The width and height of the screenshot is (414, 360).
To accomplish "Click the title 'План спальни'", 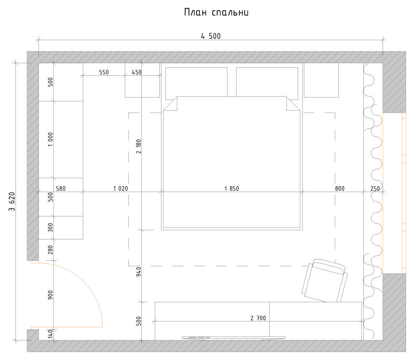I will click(217, 13).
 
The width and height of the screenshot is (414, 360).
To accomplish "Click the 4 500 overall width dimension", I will click(211, 36).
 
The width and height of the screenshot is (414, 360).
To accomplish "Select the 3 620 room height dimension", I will click(12, 201).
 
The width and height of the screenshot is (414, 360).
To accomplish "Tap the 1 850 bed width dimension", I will click(231, 189).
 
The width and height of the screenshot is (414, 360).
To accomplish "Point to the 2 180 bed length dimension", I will click(139, 146).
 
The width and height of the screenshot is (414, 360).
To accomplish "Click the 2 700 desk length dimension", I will click(258, 318).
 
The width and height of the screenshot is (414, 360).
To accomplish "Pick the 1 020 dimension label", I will click(120, 189).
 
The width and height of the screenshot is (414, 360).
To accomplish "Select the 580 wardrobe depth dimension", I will click(61, 189).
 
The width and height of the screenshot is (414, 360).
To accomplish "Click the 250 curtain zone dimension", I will click(375, 189).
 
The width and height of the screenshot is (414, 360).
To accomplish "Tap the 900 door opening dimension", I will click(50, 295).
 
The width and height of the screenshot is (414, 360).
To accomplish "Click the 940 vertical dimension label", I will click(139, 273).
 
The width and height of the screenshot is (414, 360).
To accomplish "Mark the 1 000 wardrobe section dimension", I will click(50, 139).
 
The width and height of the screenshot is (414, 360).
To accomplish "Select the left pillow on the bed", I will click(197, 81).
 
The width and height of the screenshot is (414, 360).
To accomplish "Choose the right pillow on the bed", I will click(267, 81).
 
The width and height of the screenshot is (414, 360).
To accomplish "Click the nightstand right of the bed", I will click(321, 80).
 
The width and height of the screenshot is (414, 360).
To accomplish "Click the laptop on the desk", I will click(233, 337).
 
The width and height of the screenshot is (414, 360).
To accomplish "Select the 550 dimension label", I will click(104, 72).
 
